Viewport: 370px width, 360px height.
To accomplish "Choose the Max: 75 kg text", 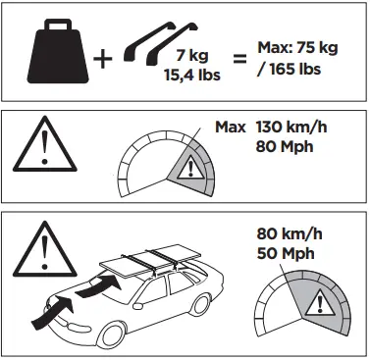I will click(301, 47).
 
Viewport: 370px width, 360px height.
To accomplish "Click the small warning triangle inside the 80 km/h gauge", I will click(315, 307).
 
